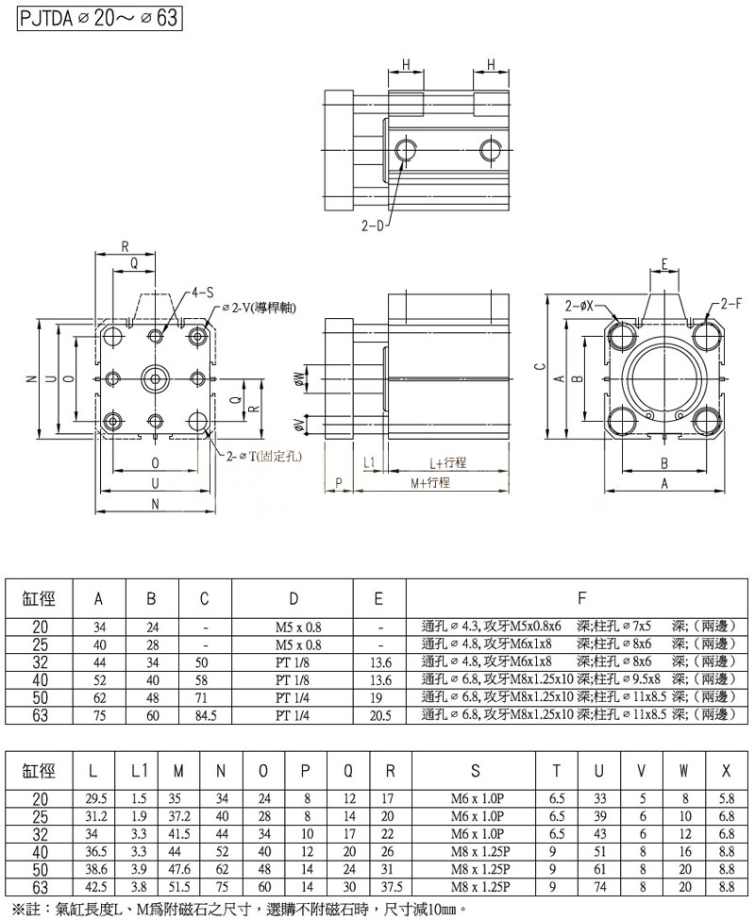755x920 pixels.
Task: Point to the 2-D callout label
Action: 373,227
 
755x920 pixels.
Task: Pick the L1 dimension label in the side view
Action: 370,462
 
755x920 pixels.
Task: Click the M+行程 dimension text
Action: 429,481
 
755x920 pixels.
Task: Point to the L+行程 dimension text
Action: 448,462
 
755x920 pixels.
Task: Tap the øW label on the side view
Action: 300,379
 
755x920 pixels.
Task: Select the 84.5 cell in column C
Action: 205,715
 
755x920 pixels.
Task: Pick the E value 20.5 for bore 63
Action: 378,715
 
